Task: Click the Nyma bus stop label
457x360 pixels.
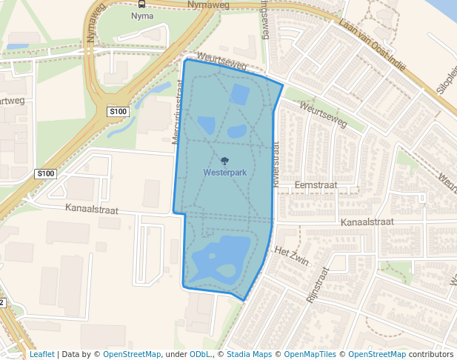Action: point(141,15)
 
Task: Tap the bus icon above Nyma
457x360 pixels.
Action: point(141,4)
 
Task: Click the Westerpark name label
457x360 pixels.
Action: point(224,172)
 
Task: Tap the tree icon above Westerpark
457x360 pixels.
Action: point(224,160)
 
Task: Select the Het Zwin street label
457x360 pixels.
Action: point(290,251)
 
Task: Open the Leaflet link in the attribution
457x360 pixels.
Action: point(41,354)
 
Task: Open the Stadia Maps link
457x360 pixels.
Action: point(249,354)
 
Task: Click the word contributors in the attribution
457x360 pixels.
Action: point(431,354)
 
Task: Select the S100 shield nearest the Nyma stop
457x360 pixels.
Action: point(118,112)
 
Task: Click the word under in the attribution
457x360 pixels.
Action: point(176,354)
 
